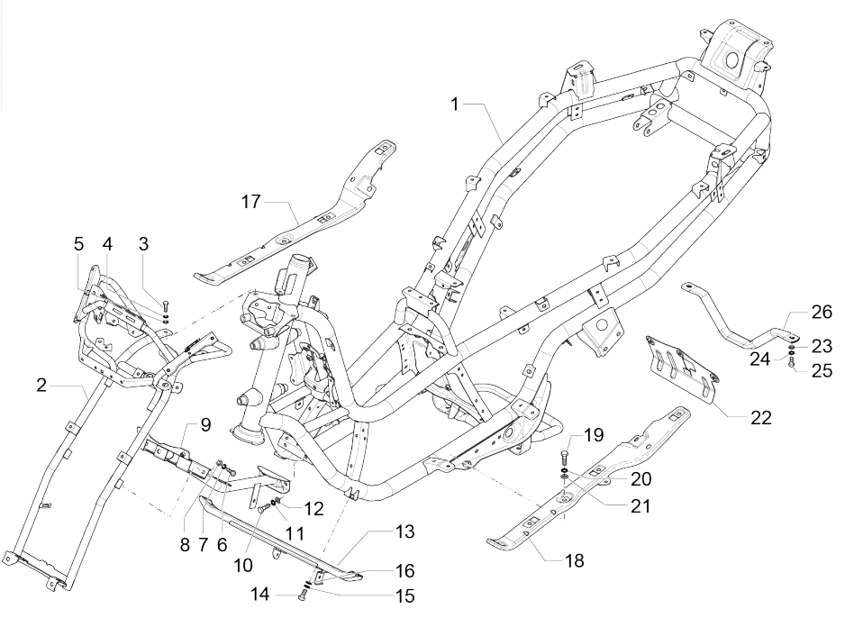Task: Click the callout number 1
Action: [x=456, y=105]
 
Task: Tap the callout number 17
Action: [x=250, y=202]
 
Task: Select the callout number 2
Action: [x=41, y=386]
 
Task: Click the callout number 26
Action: [x=822, y=313]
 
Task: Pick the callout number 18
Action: [x=573, y=560]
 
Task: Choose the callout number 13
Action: [x=404, y=532]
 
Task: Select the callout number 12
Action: [x=313, y=507]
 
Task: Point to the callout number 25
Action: [x=822, y=370]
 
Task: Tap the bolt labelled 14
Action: [x=301, y=595]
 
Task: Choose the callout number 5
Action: [x=78, y=243]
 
